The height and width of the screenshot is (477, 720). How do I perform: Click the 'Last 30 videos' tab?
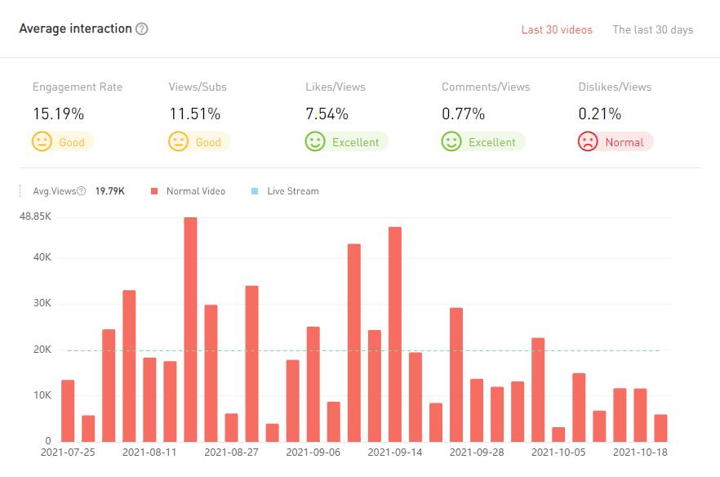click(x=557, y=30)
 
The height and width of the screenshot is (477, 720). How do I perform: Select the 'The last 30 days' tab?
click(x=652, y=30)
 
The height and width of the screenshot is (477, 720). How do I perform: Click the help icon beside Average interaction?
click(x=142, y=29)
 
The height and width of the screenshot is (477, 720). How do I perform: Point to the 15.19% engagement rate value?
click(x=58, y=114)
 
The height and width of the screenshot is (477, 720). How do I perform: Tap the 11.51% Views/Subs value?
click(x=193, y=114)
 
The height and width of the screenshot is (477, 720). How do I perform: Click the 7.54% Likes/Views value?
click(x=327, y=114)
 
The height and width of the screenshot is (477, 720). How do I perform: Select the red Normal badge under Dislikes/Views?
click(x=616, y=142)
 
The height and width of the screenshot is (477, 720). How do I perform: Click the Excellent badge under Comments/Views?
click(x=482, y=142)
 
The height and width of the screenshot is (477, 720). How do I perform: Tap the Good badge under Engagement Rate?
click(x=63, y=142)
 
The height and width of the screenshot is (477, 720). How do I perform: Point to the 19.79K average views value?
click(x=110, y=191)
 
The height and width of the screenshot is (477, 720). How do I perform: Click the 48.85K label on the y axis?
click(x=35, y=217)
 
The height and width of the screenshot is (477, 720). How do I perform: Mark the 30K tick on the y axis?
click(x=41, y=304)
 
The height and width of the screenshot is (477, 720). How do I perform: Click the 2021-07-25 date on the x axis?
click(x=68, y=451)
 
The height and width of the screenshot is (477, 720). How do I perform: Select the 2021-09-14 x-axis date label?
click(x=395, y=451)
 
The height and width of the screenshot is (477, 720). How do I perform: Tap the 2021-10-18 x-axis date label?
click(x=640, y=451)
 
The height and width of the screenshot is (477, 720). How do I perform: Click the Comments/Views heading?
click(x=486, y=87)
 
